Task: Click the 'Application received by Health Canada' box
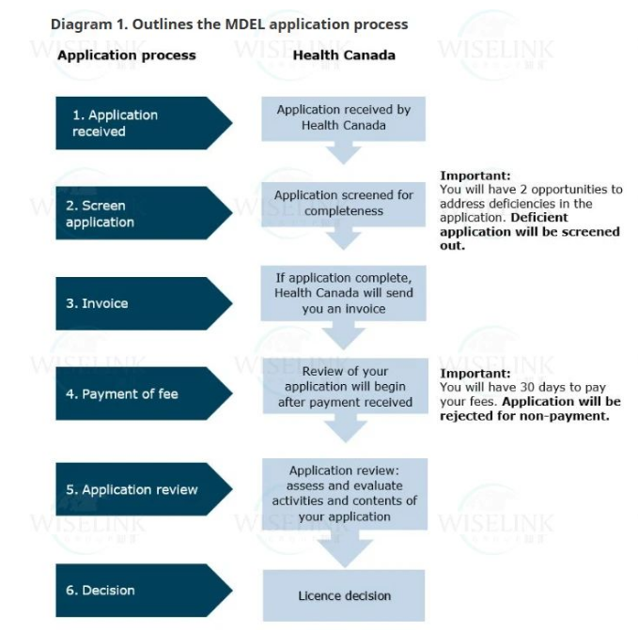(344, 117)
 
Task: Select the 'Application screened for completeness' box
(344, 203)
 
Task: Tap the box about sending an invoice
(344, 293)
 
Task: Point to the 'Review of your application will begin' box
(344, 386)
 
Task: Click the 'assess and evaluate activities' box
(344, 493)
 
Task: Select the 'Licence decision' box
(344, 595)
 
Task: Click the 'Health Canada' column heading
(344, 55)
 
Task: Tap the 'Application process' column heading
(127, 55)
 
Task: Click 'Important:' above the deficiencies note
(475, 176)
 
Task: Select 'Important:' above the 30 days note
(475, 373)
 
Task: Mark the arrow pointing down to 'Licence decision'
(344, 550)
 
